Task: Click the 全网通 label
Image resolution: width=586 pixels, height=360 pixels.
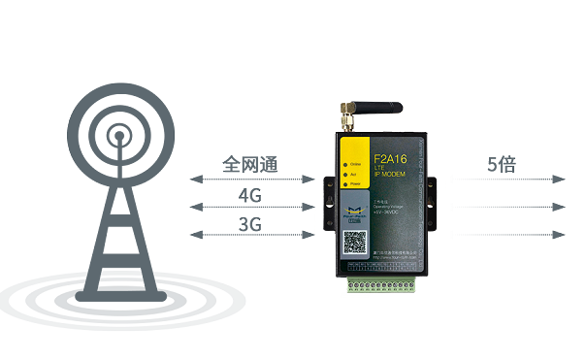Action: coord(249,163)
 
